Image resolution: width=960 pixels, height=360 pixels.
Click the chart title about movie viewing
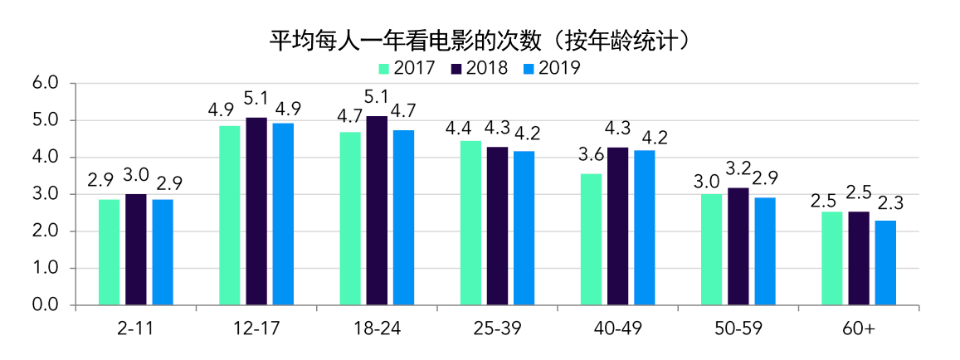pos(480,40)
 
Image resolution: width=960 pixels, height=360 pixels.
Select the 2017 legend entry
pos(407,68)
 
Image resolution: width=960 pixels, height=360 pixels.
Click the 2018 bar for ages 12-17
pos(256,212)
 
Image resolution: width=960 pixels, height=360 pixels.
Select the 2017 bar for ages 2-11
pos(109,252)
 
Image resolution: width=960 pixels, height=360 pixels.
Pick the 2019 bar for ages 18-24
pos(403,217)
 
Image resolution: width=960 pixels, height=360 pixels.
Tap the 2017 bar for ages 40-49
pos(591,239)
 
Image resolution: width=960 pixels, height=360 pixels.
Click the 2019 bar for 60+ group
pos(885,263)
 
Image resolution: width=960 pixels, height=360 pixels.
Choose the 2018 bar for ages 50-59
pos(738,246)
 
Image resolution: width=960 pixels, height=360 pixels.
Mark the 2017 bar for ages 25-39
pos(470,223)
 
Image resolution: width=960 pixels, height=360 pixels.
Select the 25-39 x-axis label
pos(497,329)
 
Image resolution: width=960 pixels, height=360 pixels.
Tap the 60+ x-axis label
pos(859,329)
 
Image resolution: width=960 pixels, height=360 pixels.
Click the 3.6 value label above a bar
pos(591,156)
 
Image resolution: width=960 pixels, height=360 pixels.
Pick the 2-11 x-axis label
pos(135,329)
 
